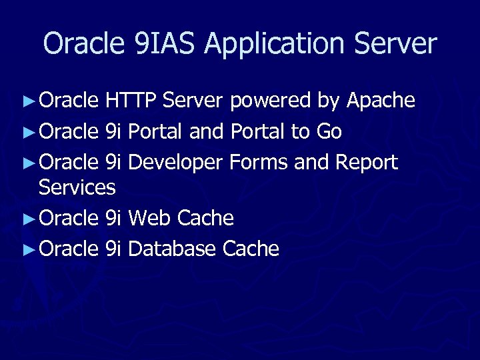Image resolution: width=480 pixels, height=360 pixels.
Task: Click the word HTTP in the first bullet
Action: (x=131, y=101)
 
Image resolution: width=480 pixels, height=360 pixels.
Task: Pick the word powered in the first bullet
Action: (x=270, y=101)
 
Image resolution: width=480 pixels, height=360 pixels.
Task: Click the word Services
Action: (x=77, y=187)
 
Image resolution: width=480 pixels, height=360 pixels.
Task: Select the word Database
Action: (x=172, y=249)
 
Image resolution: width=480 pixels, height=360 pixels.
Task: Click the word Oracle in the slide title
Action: (x=80, y=43)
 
